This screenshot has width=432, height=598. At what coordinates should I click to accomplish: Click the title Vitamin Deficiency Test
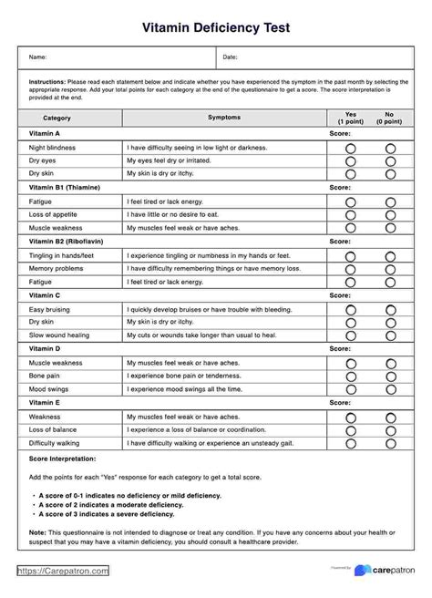pyautogui.click(x=216, y=27)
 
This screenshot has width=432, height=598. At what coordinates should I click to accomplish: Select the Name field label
pyautogui.click(x=37, y=57)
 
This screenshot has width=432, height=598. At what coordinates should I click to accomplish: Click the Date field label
pyautogui.click(x=231, y=57)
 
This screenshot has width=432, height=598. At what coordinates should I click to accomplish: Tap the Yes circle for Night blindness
pyautogui.click(x=350, y=147)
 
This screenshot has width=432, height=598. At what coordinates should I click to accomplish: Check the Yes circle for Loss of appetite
pyautogui.click(x=350, y=213)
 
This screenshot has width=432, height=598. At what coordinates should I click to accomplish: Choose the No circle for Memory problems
pyautogui.click(x=390, y=270)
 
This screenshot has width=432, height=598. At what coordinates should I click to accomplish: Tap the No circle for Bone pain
pyautogui.click(x=390, y=376)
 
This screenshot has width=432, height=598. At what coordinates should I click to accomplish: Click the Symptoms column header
pyautogui.click(x=225, y=119)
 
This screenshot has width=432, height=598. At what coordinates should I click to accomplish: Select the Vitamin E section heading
pyautogui.click(x=45, y=403)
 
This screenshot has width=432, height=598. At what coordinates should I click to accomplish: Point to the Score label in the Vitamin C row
pyautogui.click(x=339, y=296)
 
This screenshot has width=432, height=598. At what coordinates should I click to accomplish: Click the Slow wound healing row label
pyautogui.click(x=60, y=335)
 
